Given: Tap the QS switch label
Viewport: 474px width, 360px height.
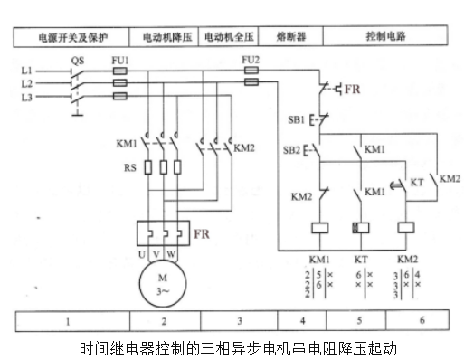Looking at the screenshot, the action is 78,61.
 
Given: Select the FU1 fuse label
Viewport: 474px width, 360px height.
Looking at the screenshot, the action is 120,61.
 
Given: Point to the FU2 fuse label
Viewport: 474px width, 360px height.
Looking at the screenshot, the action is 251,60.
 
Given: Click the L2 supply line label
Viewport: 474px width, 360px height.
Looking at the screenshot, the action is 26,83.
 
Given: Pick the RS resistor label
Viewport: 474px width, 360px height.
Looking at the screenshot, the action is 130,167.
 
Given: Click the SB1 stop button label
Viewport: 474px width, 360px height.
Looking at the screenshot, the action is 296,119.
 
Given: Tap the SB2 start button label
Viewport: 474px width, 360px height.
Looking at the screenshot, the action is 291,150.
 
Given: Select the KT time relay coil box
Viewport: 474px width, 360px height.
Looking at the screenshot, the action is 361,228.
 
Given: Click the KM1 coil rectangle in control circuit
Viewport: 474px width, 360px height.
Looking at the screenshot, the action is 320,228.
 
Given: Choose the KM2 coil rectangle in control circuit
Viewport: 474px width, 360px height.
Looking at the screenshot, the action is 406,228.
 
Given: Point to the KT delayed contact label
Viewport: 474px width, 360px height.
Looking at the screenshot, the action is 417,183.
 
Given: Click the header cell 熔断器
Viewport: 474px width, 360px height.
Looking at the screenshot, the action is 291,36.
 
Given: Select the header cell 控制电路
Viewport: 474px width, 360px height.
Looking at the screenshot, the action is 385,36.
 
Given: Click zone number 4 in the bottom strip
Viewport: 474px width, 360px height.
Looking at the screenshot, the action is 303,321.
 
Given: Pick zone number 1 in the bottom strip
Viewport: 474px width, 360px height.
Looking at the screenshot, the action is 68,322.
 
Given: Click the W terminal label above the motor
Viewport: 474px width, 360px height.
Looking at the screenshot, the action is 171,254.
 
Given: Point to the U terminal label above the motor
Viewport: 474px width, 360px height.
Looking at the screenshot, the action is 142,254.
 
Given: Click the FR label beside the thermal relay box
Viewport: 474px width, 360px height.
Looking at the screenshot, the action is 202,234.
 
